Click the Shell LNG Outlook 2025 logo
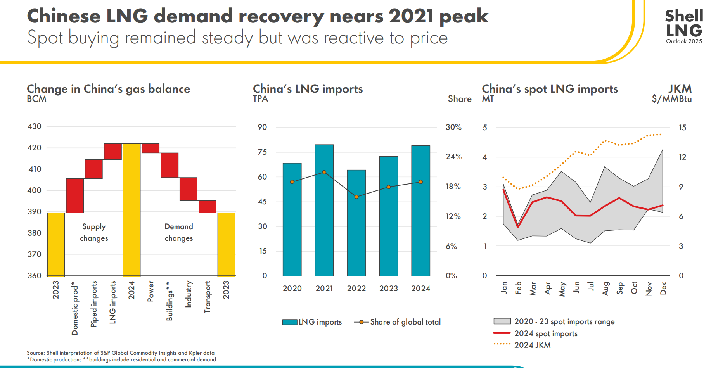(x=683, y=26)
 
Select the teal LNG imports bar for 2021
(x=324, y=209)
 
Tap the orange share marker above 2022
(x=356, y=197)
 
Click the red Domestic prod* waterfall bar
(x=75, y=195)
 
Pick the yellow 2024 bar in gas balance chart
(x=131, y=209)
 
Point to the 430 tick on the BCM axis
(x=35, y=126)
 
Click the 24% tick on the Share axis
(x=453, y=157)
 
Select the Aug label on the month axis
(x=605, y=289)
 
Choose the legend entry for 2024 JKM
(x=532, y=345)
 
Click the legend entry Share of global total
(x=405, y=322)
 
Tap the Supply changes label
(x=94, y=232)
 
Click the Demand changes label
(x=179, y=232)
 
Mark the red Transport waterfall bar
(x=207, y=206)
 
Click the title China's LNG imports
(x=308, y=89)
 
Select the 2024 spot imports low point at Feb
(x=518, y=227)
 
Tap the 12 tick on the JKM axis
(x=682, y=157)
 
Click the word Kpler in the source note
(x=195, y=353)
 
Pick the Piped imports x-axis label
(x=94, y=304)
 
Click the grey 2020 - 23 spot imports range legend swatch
(x=502, y=321)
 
